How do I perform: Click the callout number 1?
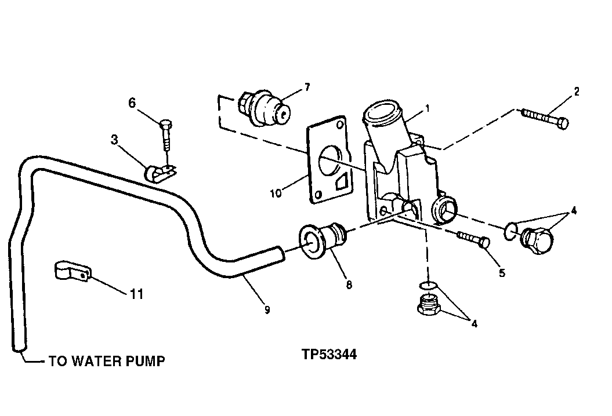click(x=427, y=108)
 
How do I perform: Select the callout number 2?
click(x=576, y=91)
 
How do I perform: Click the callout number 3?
click(x=115, y=140)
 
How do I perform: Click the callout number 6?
click(x=132, y=103)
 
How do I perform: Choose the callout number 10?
click(x=276, y=193)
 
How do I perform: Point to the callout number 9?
click(x=267, y=310)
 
